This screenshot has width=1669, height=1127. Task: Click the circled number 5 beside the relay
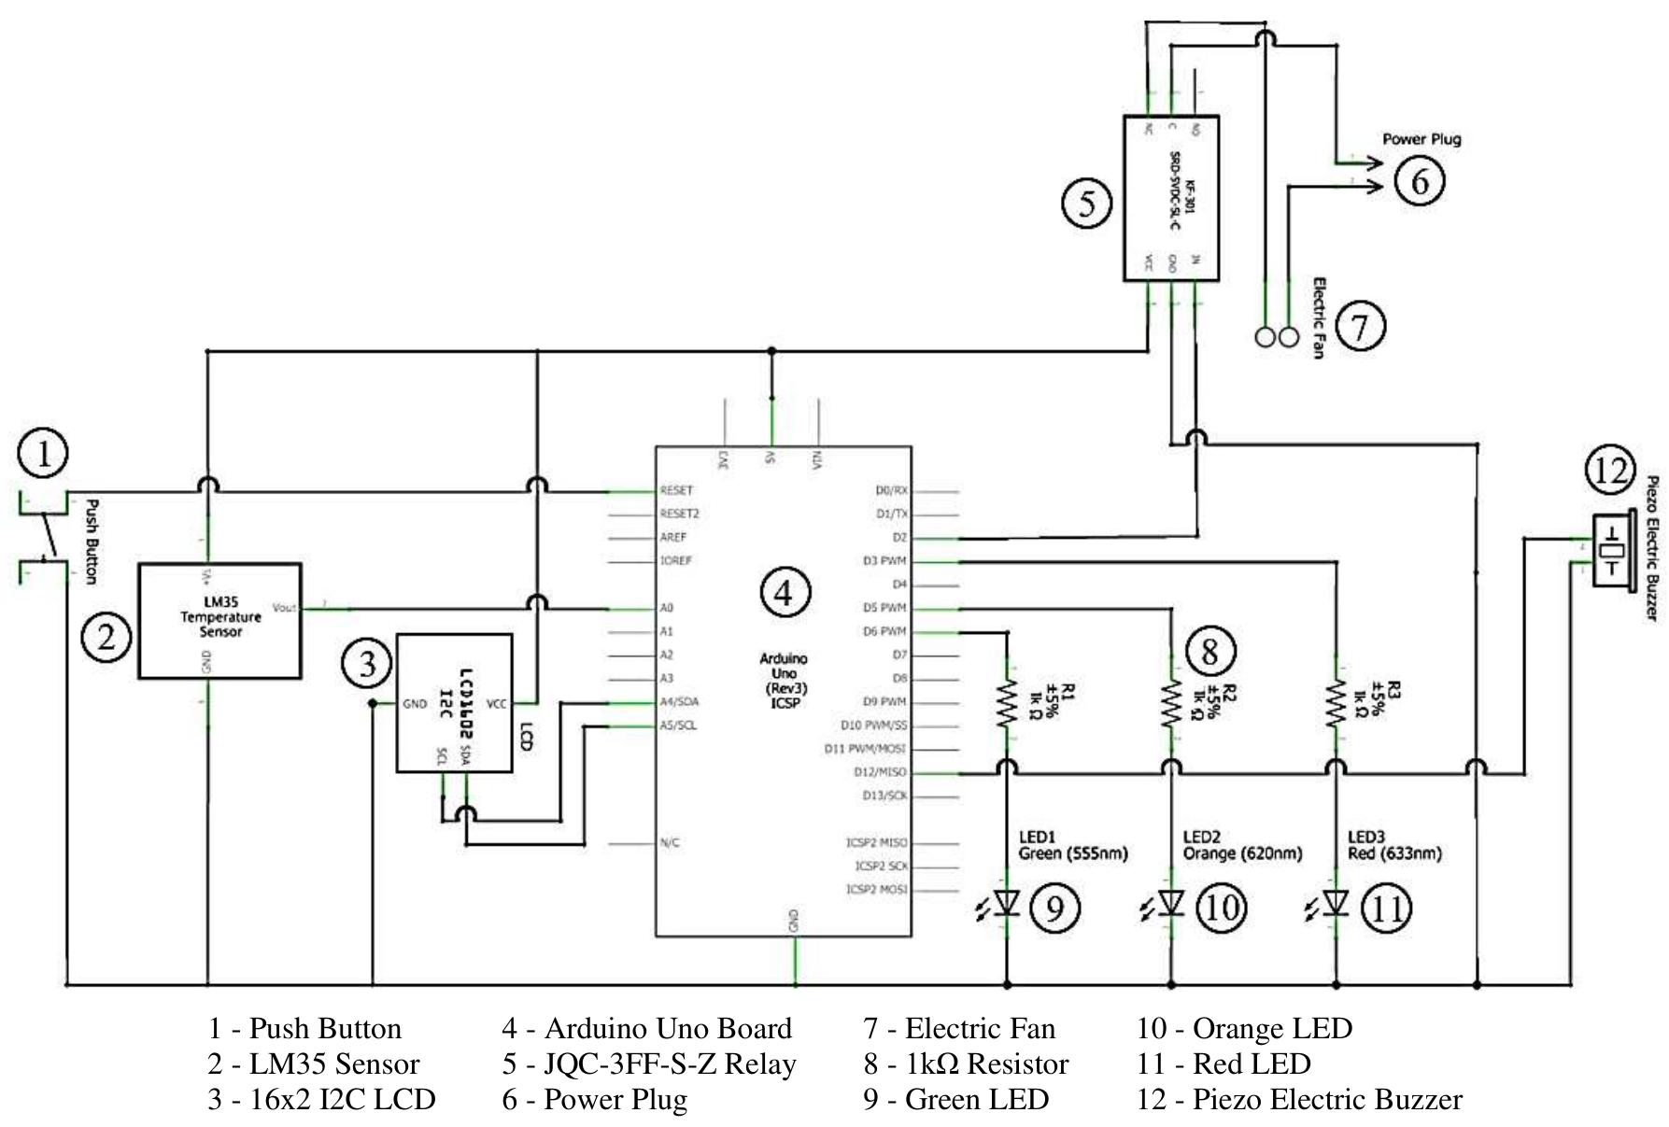1087,204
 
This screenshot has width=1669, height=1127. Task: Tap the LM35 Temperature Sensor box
219,620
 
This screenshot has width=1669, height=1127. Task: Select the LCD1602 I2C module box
454,703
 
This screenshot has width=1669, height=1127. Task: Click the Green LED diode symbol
1007,904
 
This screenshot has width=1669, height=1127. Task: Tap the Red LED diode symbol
1337,904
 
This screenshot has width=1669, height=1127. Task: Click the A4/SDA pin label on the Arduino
679,702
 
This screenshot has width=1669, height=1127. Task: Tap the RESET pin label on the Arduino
676,490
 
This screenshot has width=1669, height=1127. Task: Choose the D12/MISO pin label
879,773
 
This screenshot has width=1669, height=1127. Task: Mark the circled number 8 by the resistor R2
1209,651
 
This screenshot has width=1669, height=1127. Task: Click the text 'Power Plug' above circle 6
1421,139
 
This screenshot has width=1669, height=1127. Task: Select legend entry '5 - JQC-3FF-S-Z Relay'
648,1064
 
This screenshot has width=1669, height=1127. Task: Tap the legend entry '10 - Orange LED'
1244,1029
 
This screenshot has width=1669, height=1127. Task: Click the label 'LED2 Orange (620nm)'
1241,846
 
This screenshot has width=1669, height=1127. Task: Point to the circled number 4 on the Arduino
784,592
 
